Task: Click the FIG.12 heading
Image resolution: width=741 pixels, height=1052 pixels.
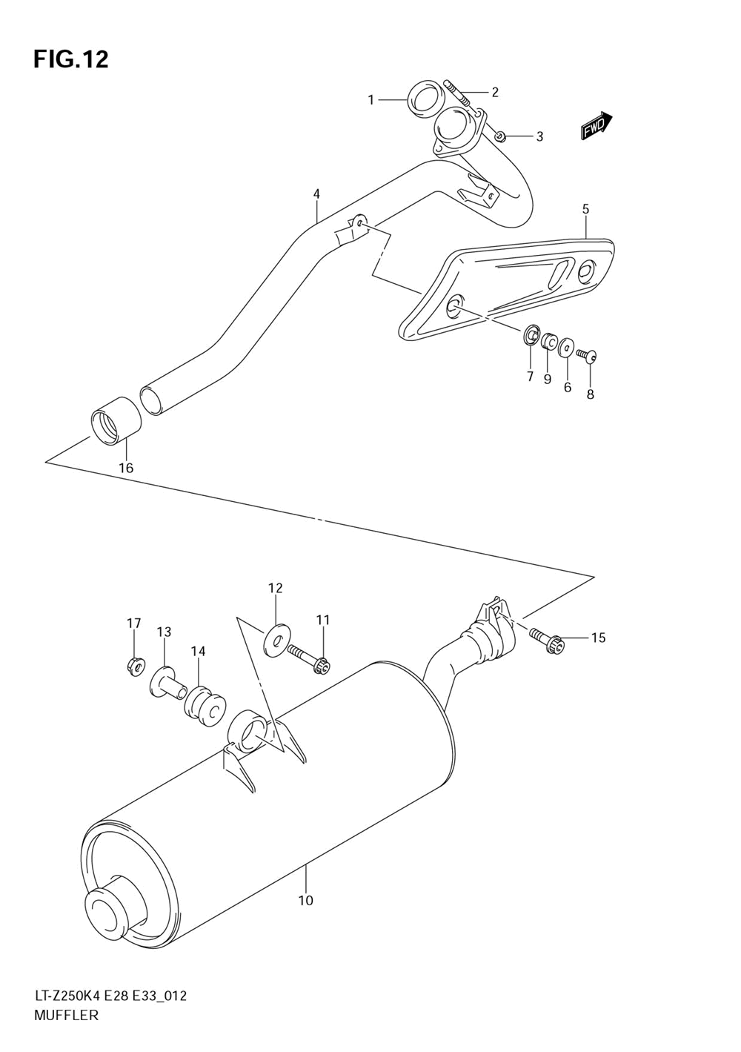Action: point(70,59)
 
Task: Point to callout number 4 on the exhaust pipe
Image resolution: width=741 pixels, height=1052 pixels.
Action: point(316,194)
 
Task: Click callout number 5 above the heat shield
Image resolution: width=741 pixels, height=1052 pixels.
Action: point(585,209)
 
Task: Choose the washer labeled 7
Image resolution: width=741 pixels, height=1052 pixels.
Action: point(531,336)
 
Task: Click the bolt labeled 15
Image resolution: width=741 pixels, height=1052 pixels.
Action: point(548,642)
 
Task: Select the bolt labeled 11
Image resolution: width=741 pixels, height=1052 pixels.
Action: point(309,659)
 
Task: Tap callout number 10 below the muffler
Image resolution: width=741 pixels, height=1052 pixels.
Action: point(305,900)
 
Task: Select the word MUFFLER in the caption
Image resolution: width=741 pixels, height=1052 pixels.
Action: point(66,1016)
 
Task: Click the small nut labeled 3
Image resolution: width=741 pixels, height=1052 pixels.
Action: point(499,136)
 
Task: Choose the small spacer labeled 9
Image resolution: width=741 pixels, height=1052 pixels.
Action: point(548,342)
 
